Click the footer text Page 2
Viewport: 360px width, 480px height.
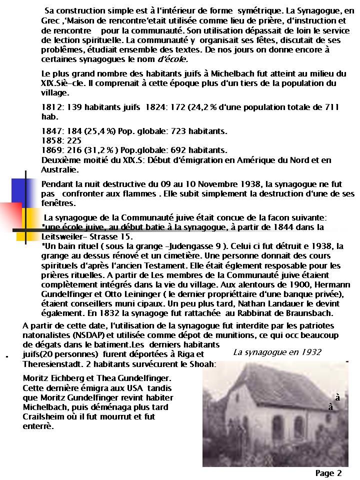tap(328, 473)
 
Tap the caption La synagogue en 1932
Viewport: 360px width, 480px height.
tap(277, 352)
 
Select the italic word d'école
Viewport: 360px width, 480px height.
tap(173, 58)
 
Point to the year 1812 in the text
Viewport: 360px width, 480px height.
tap(50, 107)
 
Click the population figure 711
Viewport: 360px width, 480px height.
tap(330, 107)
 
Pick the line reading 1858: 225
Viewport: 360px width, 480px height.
tap(61, 140)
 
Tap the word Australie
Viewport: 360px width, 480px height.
tap(57, 169)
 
